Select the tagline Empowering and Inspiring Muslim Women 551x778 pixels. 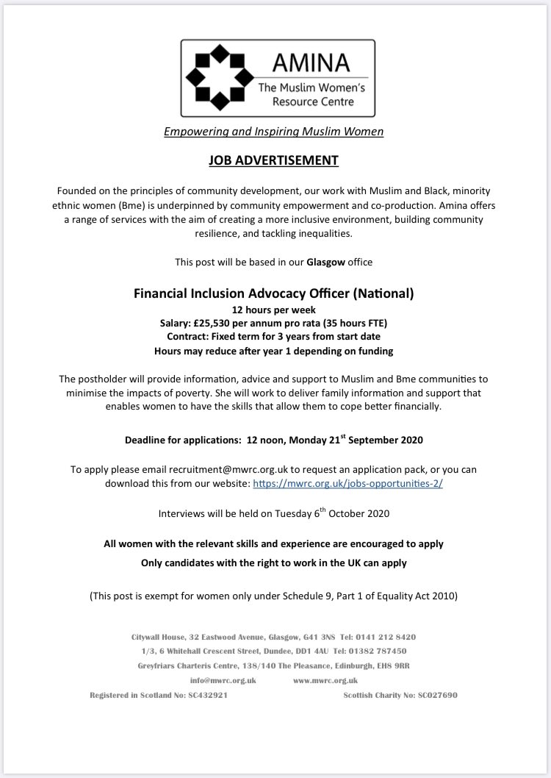point(274,132)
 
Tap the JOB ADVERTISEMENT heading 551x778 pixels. point(274,160)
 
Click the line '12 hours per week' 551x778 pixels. point(274,308)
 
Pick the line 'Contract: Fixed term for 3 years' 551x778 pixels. point(274,336)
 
